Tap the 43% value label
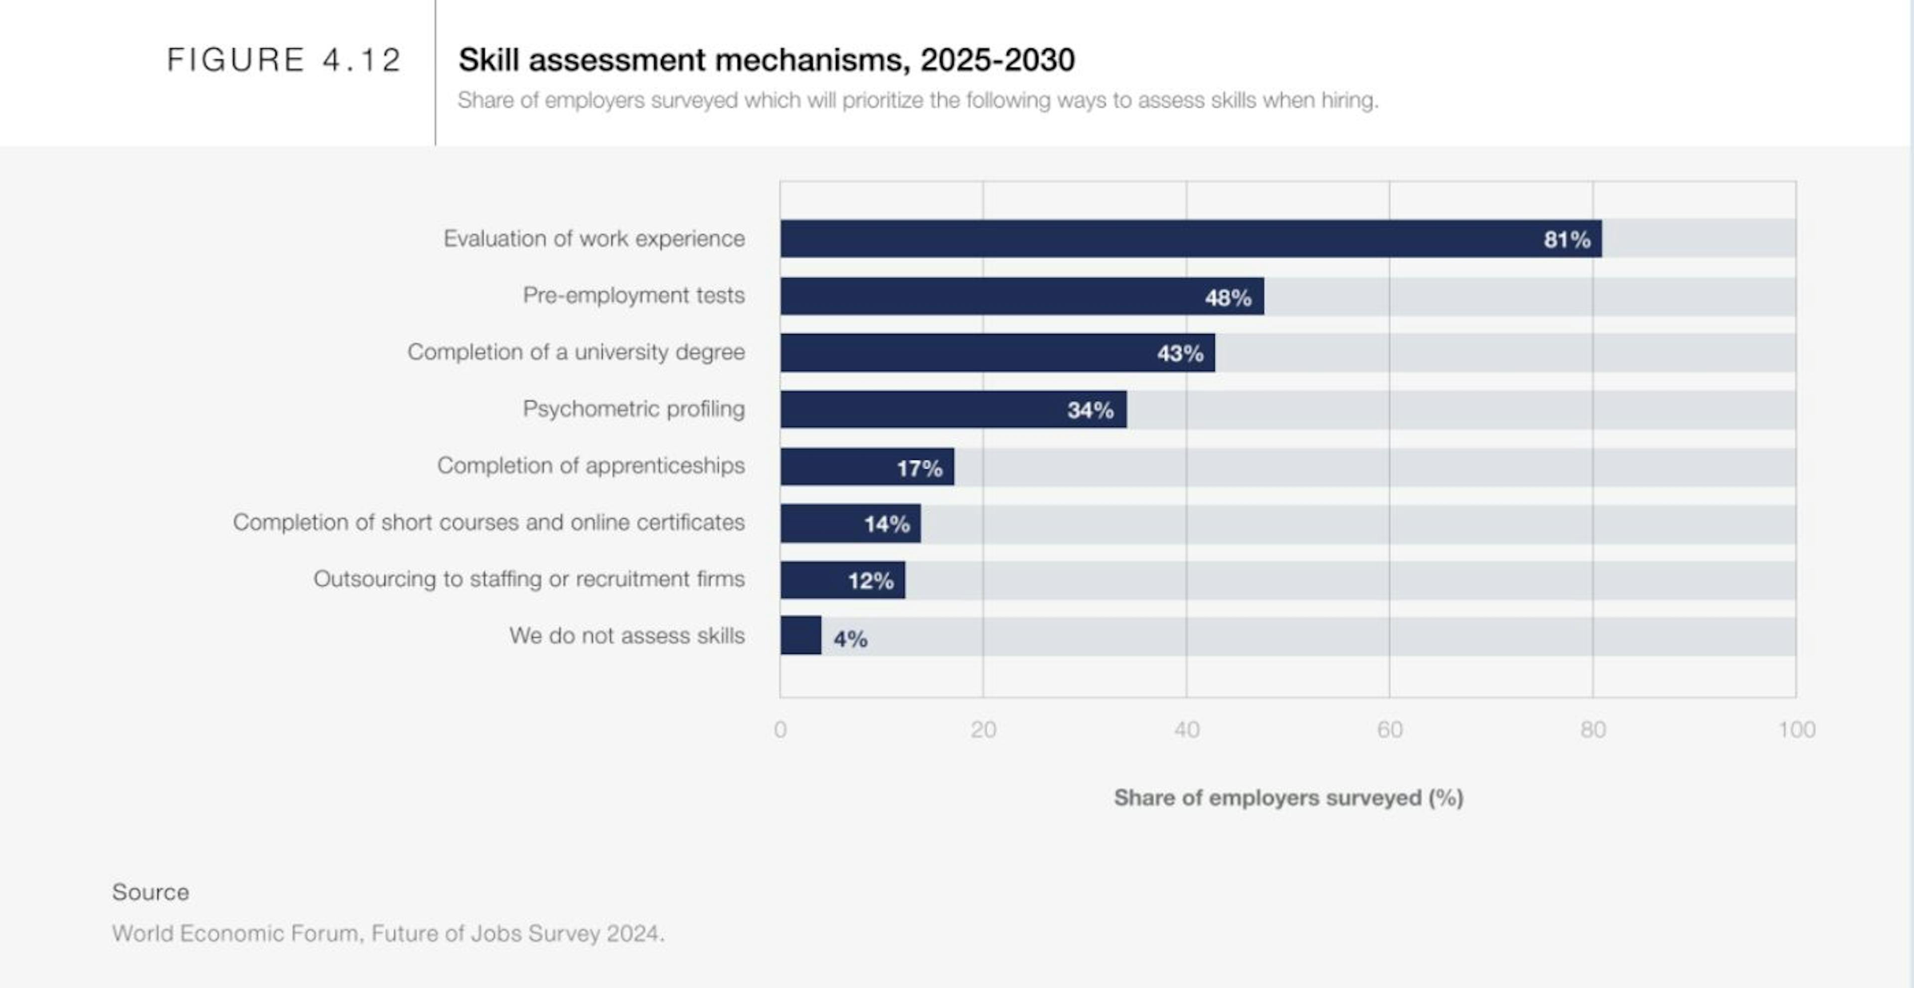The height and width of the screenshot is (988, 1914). (1180, 353)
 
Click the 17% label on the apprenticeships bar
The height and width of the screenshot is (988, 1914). (919, 468)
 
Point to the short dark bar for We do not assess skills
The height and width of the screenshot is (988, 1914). (800, 636)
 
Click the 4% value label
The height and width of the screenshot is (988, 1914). (850, 639)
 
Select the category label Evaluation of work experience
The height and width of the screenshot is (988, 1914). (594, 239)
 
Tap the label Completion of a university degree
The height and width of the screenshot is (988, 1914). (575, 352)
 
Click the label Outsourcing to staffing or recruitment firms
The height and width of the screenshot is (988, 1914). (528, 578)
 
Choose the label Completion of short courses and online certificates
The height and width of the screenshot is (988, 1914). (488, 522)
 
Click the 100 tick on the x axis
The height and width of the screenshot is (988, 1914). (1796, 729)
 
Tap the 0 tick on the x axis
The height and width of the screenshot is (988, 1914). (780, 729)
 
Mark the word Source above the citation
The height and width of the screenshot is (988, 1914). (150, 892)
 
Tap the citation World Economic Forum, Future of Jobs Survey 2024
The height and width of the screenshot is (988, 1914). (388, 933)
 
